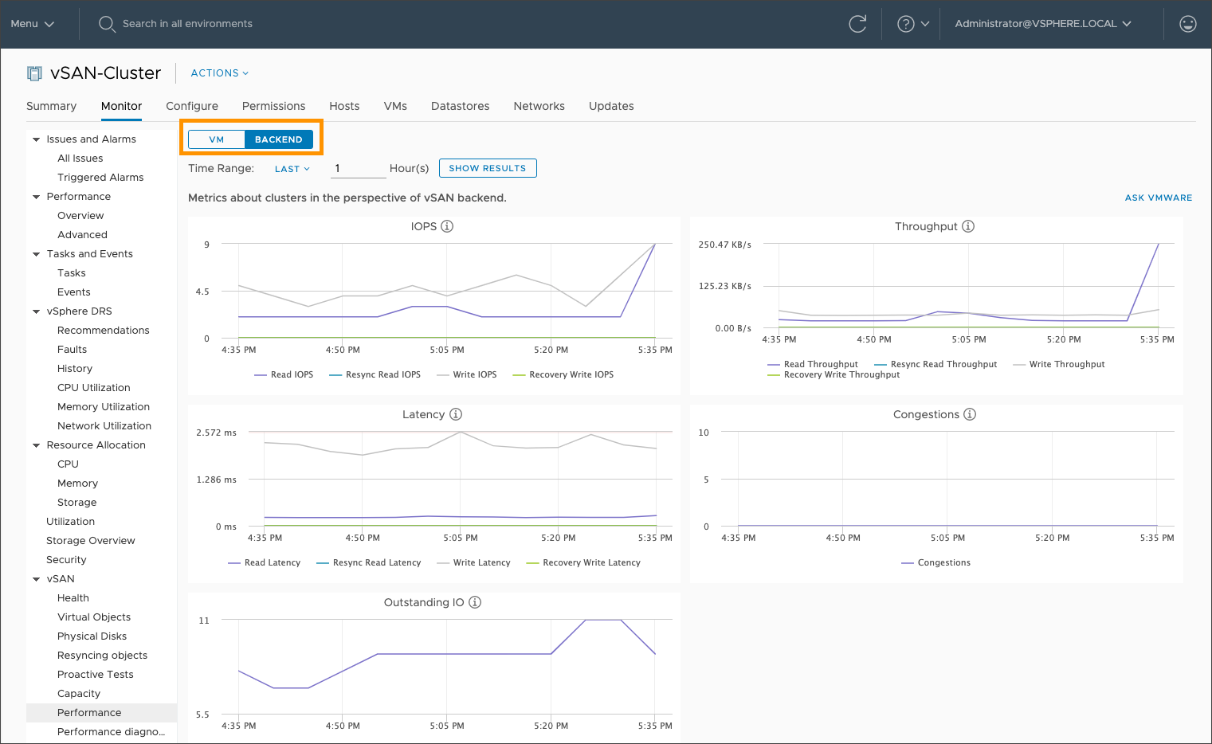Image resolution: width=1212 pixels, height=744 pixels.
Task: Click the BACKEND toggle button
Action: pyautogui.click(x=278, y=139)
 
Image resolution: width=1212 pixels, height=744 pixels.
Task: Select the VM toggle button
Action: pyautogui.click(x=217, y=139)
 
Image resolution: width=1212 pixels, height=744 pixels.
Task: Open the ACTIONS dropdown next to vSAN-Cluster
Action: pyautogui.click(x=219, y=73)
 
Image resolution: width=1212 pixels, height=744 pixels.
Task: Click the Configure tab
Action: pyautogui.click(x=192, y=106)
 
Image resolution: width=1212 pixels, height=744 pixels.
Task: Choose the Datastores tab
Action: pyautogui.click(x=460, y=106)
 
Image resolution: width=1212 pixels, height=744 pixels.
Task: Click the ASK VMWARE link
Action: pyautogui.click(x=1158, y=198)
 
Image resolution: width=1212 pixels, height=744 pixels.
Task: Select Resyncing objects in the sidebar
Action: pyautogui.click(x=102, y=656)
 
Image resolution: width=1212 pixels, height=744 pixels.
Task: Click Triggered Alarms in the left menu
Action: pyautogui.click(x=100, y=178)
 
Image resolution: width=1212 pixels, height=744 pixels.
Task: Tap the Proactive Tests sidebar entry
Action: pyautogui.click(x=96, y=675)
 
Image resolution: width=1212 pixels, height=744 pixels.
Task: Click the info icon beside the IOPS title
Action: pyautogui.click(x=447, y=226)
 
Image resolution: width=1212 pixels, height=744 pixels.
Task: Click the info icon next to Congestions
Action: pyautogui.click(x=970, y=414)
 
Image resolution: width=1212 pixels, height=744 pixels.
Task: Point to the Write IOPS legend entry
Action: pyautogui.click(x=474, y=374)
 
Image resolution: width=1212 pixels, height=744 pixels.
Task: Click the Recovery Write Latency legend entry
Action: pyautogui.click(x=591, y=562)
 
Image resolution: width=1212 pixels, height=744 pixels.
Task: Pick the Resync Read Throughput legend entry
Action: pyautogui.click(x=943, y=364)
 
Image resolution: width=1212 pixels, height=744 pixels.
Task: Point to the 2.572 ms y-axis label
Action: pyautogui.click(x=216, y=433)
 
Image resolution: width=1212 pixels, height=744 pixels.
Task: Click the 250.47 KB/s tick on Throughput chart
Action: pyautogui.click(x=724, y=245)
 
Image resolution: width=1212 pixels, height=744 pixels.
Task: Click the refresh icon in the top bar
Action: pyautogui.click(x=857, y=24)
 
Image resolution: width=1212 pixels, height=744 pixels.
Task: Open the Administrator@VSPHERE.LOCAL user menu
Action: pyautogui.click(x=1042, y=24)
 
